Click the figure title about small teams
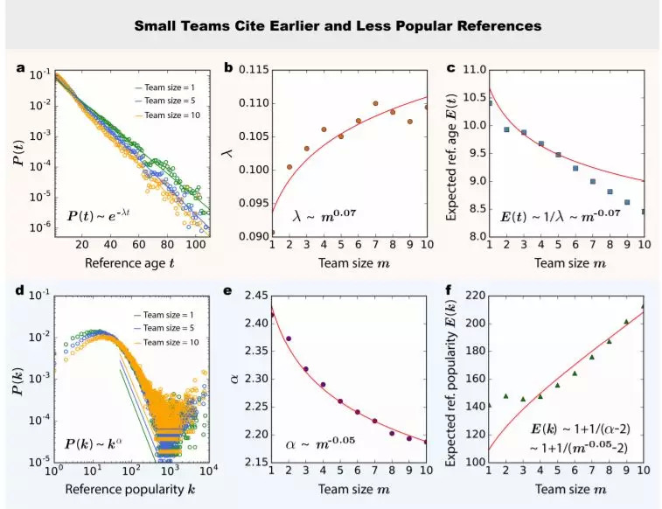[x=337, y=25]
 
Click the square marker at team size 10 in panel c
[x=644, y=211]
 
